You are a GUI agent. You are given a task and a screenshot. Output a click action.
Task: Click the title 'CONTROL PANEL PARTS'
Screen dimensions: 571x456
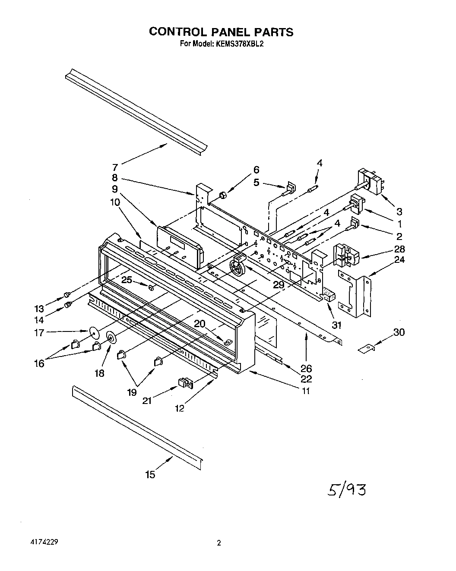(x=221, y=32)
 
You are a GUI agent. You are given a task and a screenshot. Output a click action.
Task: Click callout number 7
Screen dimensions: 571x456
(x=114, y=167)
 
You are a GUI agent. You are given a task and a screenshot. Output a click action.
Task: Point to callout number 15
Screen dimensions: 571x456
(x=150, y=475)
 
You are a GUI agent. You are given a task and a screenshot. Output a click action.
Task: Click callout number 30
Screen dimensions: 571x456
(x=399, y=332)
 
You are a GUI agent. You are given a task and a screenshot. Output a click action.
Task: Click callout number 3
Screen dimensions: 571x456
(x=399, y=211)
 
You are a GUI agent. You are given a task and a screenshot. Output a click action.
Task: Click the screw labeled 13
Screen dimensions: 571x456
(x=67, y=294)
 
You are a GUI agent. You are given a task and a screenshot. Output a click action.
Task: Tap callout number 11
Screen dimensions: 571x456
(x=306, y=391)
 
